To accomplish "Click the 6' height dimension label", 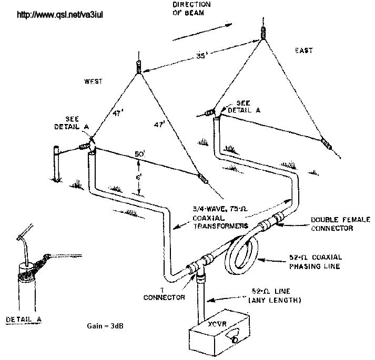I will pos(138,178).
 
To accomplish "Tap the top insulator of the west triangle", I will pos(138,67).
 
